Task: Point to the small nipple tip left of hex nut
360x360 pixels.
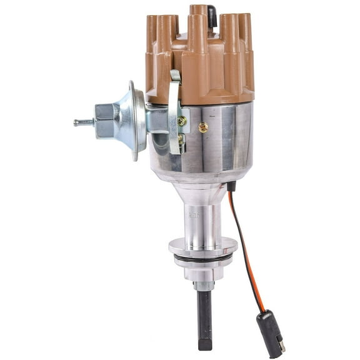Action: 77,123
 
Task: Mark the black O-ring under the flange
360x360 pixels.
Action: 202,258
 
